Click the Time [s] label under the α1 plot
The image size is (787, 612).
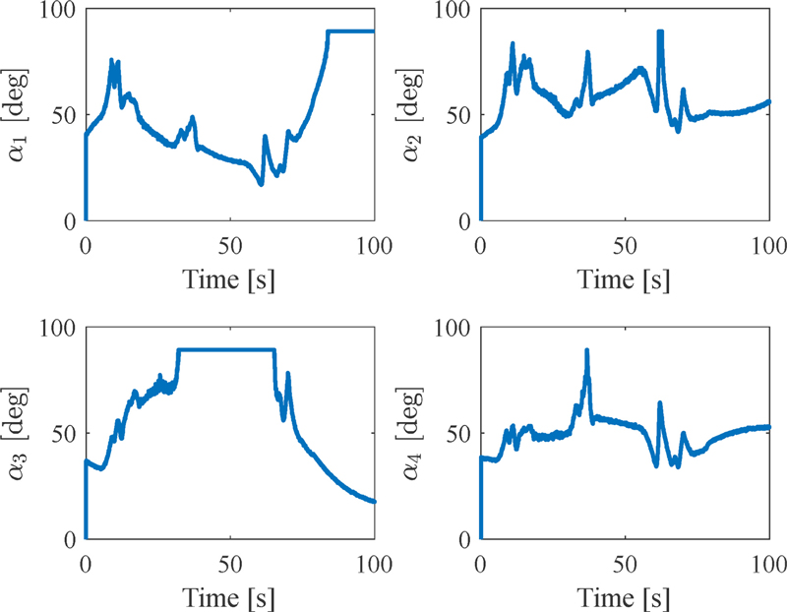tap(230, 278)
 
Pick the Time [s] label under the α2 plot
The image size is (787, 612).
tap(625, 278)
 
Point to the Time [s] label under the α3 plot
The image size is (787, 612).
tap(230, 597)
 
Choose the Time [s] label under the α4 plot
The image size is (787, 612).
tap(625, 597)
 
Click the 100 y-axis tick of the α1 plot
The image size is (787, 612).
tap(60, 9)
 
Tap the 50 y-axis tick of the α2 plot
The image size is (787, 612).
tap(460, 115)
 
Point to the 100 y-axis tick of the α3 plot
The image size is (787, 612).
tap(60, 328)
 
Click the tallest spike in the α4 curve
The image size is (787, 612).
tap(587, 351)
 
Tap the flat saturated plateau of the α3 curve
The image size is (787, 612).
tap(226, 349)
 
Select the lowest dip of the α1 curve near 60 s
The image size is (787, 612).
tap(261, 183)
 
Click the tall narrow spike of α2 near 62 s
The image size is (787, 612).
tap(660, 32)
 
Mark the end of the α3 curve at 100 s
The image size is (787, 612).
tap(375, 501)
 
